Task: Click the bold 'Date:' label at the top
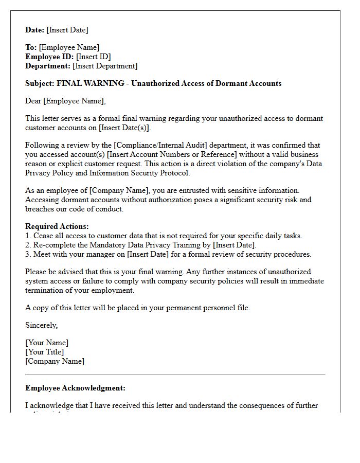[x=35, y=30]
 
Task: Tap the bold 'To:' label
[x=31, y=47]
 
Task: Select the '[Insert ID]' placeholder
[x=93, y=57]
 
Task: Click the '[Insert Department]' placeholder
[x=105, y=66]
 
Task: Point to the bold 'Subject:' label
[x=40, y=83]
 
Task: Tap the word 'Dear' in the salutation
[x=33, y=101]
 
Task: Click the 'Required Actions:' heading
[x=57, y=226]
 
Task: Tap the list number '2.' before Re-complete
[x=28, y=245]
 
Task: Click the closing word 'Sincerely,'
[x=42, y=325]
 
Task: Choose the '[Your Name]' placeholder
[x=47, y=343]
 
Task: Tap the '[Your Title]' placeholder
[x=45, y=352]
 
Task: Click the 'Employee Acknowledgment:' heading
[x=75, y=388]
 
